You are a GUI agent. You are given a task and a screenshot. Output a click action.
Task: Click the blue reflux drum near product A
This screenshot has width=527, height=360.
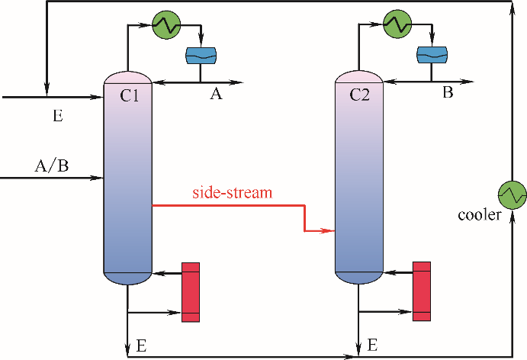coord(201,55)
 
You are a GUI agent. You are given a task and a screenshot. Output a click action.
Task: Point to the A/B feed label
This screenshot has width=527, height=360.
coord(51,166)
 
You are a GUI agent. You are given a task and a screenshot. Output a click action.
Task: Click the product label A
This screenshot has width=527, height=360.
coord(216,95)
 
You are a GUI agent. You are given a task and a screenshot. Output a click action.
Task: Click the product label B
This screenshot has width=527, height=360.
coord(448,95)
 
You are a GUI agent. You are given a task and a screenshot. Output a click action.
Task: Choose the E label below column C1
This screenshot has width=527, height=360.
coord(140,346)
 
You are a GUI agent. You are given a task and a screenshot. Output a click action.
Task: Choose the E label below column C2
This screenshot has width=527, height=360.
coord(372,346)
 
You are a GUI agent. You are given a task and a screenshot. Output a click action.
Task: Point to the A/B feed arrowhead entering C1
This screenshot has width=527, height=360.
coord(98,178)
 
